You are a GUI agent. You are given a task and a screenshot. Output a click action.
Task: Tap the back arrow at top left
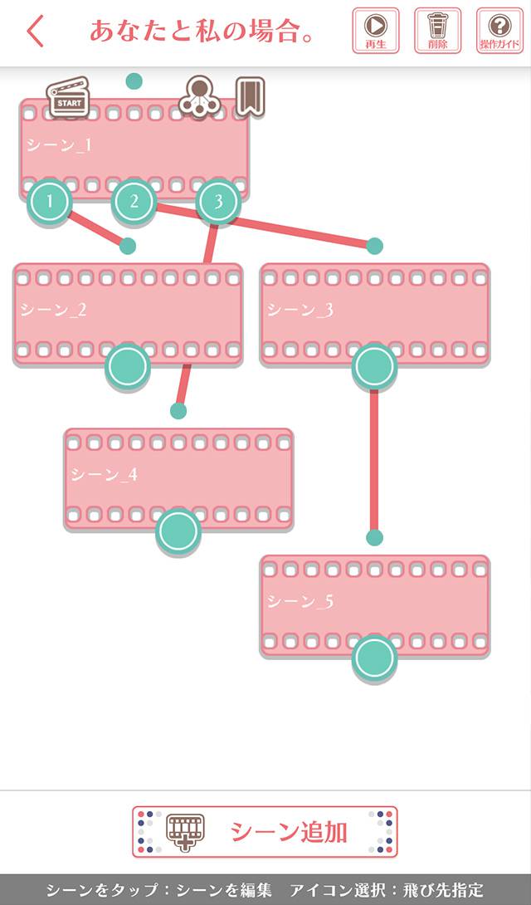point(35,32)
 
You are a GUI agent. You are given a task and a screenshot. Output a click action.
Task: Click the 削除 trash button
point(437,31)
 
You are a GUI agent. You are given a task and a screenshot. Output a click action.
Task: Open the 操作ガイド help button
point(499,31)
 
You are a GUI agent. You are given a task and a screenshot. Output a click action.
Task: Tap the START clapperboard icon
point(69,96)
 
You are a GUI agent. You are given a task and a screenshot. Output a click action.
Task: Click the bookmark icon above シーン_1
point(250,96)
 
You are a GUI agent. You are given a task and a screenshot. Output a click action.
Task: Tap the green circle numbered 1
point(50,201)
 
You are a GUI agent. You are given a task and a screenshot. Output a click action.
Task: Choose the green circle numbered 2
point(134,201)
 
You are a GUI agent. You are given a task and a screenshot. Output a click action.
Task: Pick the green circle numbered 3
point(218,201)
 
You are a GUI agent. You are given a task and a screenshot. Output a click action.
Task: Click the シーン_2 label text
point(54,311)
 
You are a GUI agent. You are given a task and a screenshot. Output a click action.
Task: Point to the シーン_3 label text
point(300,311)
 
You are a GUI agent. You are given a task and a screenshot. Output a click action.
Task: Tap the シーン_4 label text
point(105,475)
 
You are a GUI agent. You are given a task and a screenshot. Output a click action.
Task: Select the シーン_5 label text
point(300,601)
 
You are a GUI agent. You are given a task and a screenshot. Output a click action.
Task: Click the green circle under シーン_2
point(128,365)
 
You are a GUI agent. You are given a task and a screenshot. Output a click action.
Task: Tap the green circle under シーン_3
point(374,365)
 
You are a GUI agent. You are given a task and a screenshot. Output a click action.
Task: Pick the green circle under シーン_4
point(178,531)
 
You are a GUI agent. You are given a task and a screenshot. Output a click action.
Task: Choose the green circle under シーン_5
point(374,658)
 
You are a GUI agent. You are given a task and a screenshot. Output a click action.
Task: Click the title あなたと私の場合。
point(203,32)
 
